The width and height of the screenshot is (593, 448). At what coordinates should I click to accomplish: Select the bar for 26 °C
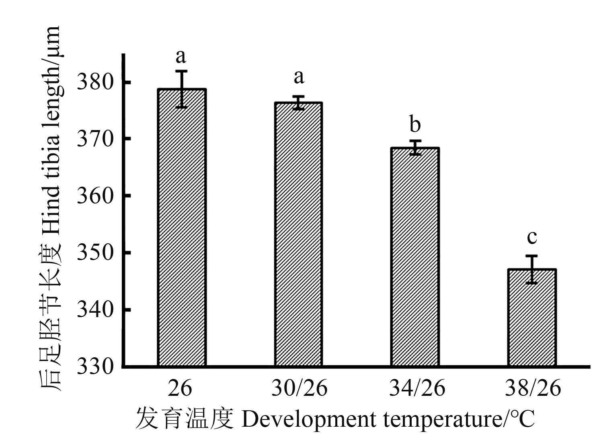coord(182,228)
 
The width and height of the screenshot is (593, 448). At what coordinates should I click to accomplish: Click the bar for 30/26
coord(298,234)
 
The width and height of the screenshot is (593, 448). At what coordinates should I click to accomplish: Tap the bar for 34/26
coord(414,257)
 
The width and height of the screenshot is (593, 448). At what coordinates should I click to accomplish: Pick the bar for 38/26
coord(531,318)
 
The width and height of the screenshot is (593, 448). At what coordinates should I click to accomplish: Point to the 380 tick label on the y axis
coord(95,83)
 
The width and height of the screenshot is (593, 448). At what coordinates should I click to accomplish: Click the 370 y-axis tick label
coord(95,139)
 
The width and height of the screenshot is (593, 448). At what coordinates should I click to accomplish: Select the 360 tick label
coord(95,196)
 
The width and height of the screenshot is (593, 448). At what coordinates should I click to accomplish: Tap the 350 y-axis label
coord(95,253)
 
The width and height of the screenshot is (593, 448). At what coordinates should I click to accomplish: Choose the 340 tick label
coord(95,310)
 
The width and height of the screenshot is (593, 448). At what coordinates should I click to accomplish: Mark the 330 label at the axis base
coord(95,367)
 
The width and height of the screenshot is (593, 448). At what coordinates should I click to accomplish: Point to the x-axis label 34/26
coord(417,388)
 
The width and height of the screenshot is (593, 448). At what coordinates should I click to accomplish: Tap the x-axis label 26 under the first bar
coord(180,388)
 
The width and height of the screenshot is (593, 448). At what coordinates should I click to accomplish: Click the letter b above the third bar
coord(415,124)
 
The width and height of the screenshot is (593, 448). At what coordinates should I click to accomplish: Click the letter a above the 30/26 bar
coord(299,77)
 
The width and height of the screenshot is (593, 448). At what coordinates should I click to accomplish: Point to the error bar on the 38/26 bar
coord(531,269)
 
